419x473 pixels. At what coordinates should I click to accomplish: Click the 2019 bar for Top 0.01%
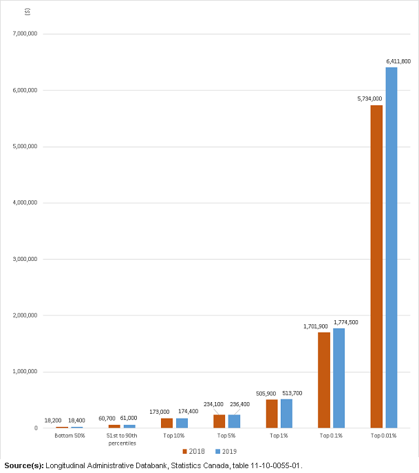pyautogui.click(x=391, y=248)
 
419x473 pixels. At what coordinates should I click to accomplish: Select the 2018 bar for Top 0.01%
pyautogui.click(x=376, y=267)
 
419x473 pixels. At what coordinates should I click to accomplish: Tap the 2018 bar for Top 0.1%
pyautogui.click(x=324, y=380)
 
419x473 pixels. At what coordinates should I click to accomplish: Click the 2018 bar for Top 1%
pyautogui.click(x=272, y=414)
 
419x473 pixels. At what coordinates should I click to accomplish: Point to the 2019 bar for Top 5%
pyautogui.click(x=234, y=421)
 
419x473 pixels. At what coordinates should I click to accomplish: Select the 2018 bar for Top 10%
pyautogui.click(x=166, y=423)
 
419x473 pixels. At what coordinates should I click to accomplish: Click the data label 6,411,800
pyautogui.click(x=398, y=61)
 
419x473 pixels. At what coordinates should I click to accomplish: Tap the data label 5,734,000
pyautogui.click(x=369, y=99)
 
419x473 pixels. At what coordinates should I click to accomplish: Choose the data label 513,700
pyautogui.click(x=292, y=393)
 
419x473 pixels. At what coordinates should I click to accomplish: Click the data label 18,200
pyautogui.click(x=53, y=420)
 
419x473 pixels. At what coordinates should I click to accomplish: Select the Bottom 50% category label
pyautogui.click(x=69, y=436)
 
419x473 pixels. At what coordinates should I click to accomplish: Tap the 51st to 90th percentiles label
pyautogui.click(x=122, y=439)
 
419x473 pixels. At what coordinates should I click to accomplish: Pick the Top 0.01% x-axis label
pyautogui.click(x=384, y=436)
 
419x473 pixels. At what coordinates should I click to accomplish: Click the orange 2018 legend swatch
pyautogui.click(x=185, y=452)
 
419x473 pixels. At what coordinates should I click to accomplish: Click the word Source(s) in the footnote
pyautogui.click(x=23, y=466)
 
